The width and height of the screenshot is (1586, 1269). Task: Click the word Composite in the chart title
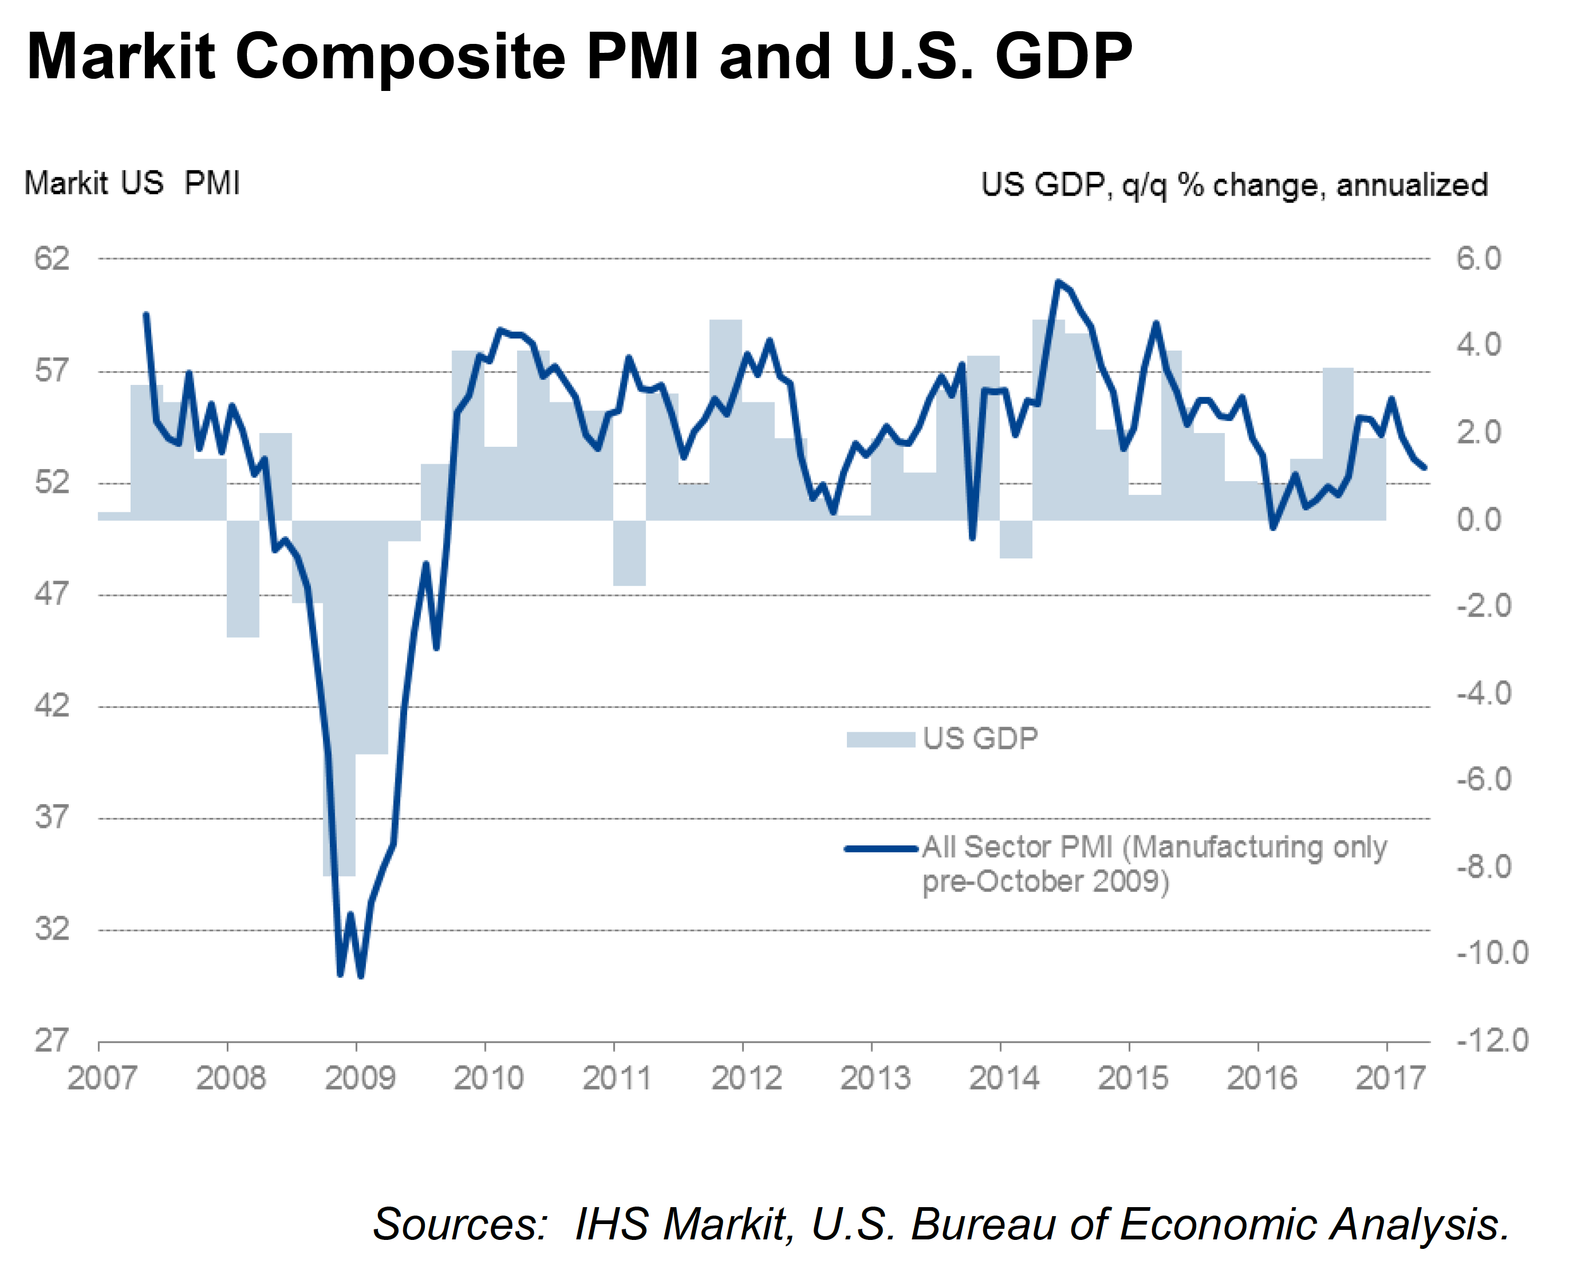[x=400, y=58]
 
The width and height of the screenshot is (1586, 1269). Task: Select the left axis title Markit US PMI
[x=132, y=183]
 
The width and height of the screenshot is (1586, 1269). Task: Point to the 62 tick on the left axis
[x=51, y=258]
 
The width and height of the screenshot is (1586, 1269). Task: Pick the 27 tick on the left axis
[x=51, y=1040]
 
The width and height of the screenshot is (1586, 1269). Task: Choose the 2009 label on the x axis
[x=359, y=1079]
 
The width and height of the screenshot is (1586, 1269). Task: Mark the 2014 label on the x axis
[x=1004, y=1079]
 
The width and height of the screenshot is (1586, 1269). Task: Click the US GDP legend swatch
[x=881, y=739]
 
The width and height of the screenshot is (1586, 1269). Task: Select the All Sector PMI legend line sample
[x=881, y=848]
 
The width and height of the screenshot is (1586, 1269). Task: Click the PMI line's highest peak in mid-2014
[x=1058, y=282]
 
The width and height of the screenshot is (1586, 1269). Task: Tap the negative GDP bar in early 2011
[x=630, y=553]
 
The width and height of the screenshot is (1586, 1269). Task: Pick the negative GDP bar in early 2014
[x=1016, y=539]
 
